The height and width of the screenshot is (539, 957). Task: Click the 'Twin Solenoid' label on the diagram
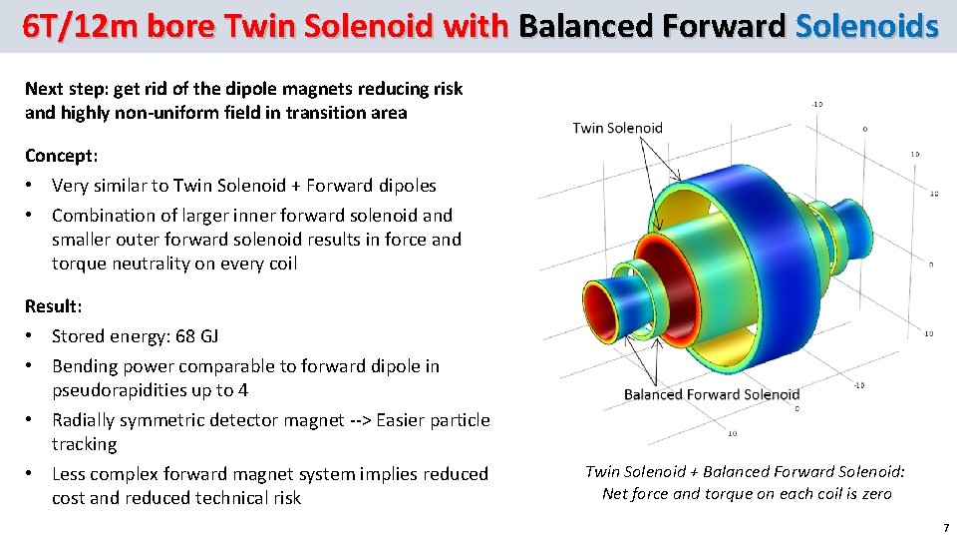pos(617,128)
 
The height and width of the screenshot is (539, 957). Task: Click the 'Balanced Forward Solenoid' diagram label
pos(712,394)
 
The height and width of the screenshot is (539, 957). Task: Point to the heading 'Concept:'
pos(60,156)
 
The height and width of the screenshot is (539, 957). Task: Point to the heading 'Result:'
pos(54,305)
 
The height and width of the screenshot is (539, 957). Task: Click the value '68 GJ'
pos(197,336)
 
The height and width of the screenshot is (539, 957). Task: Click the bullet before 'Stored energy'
pos(33,336)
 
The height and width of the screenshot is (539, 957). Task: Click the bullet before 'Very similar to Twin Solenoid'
pos(33,186)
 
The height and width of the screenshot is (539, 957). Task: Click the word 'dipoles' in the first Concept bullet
pos(404,186)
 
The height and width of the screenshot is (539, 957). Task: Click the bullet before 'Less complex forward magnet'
pos(33,474)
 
